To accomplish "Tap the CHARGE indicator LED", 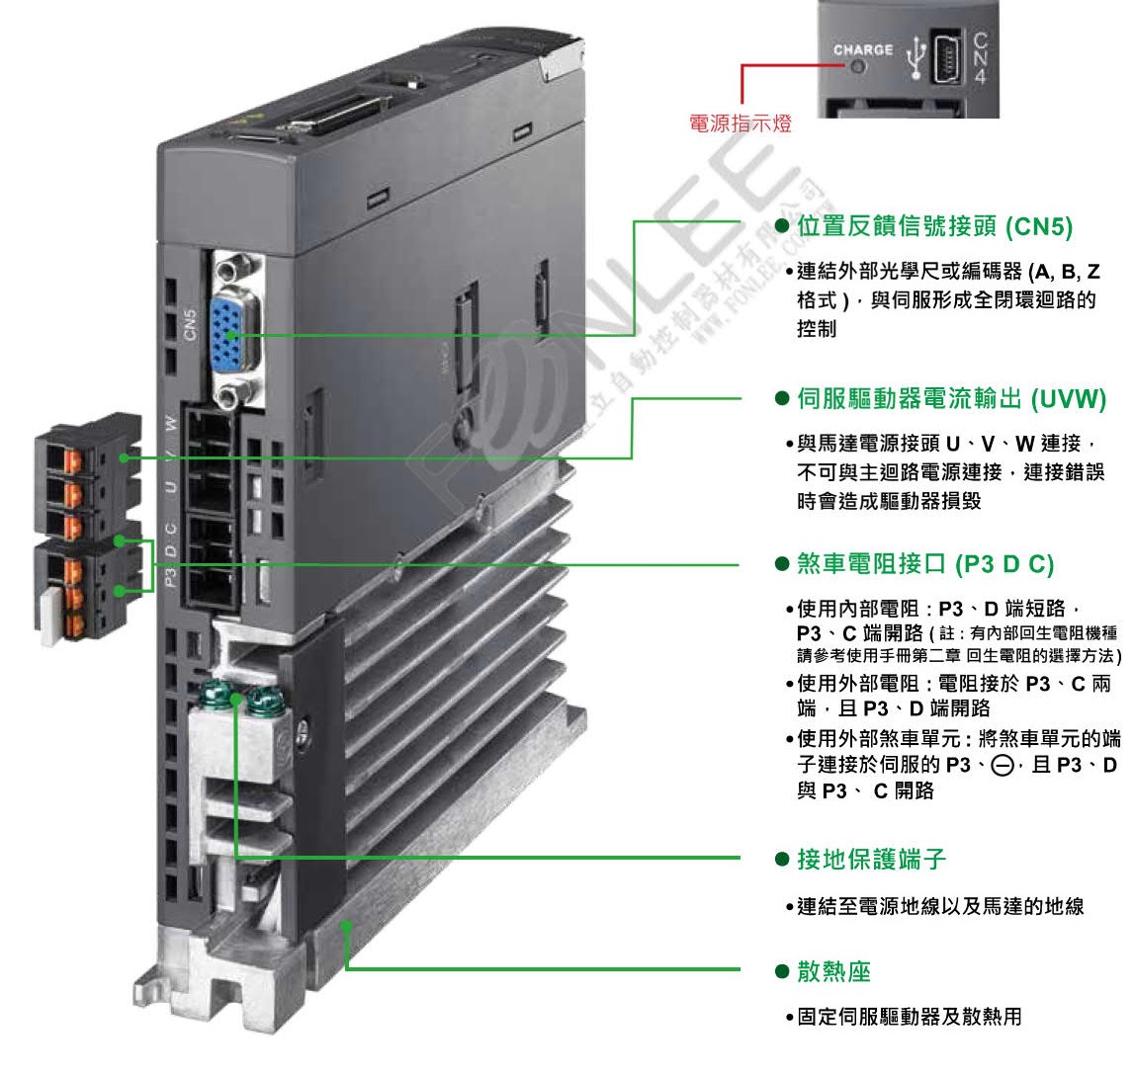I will [x=858, y=68].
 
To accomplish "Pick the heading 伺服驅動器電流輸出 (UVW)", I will [x=951, y=398].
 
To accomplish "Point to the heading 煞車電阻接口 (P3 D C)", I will [x=925, y=564].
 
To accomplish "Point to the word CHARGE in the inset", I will [x=862, y=49].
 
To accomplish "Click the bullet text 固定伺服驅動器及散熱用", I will [x=909, y=1016].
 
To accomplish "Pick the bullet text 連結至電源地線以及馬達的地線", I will [x=939, y=905].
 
